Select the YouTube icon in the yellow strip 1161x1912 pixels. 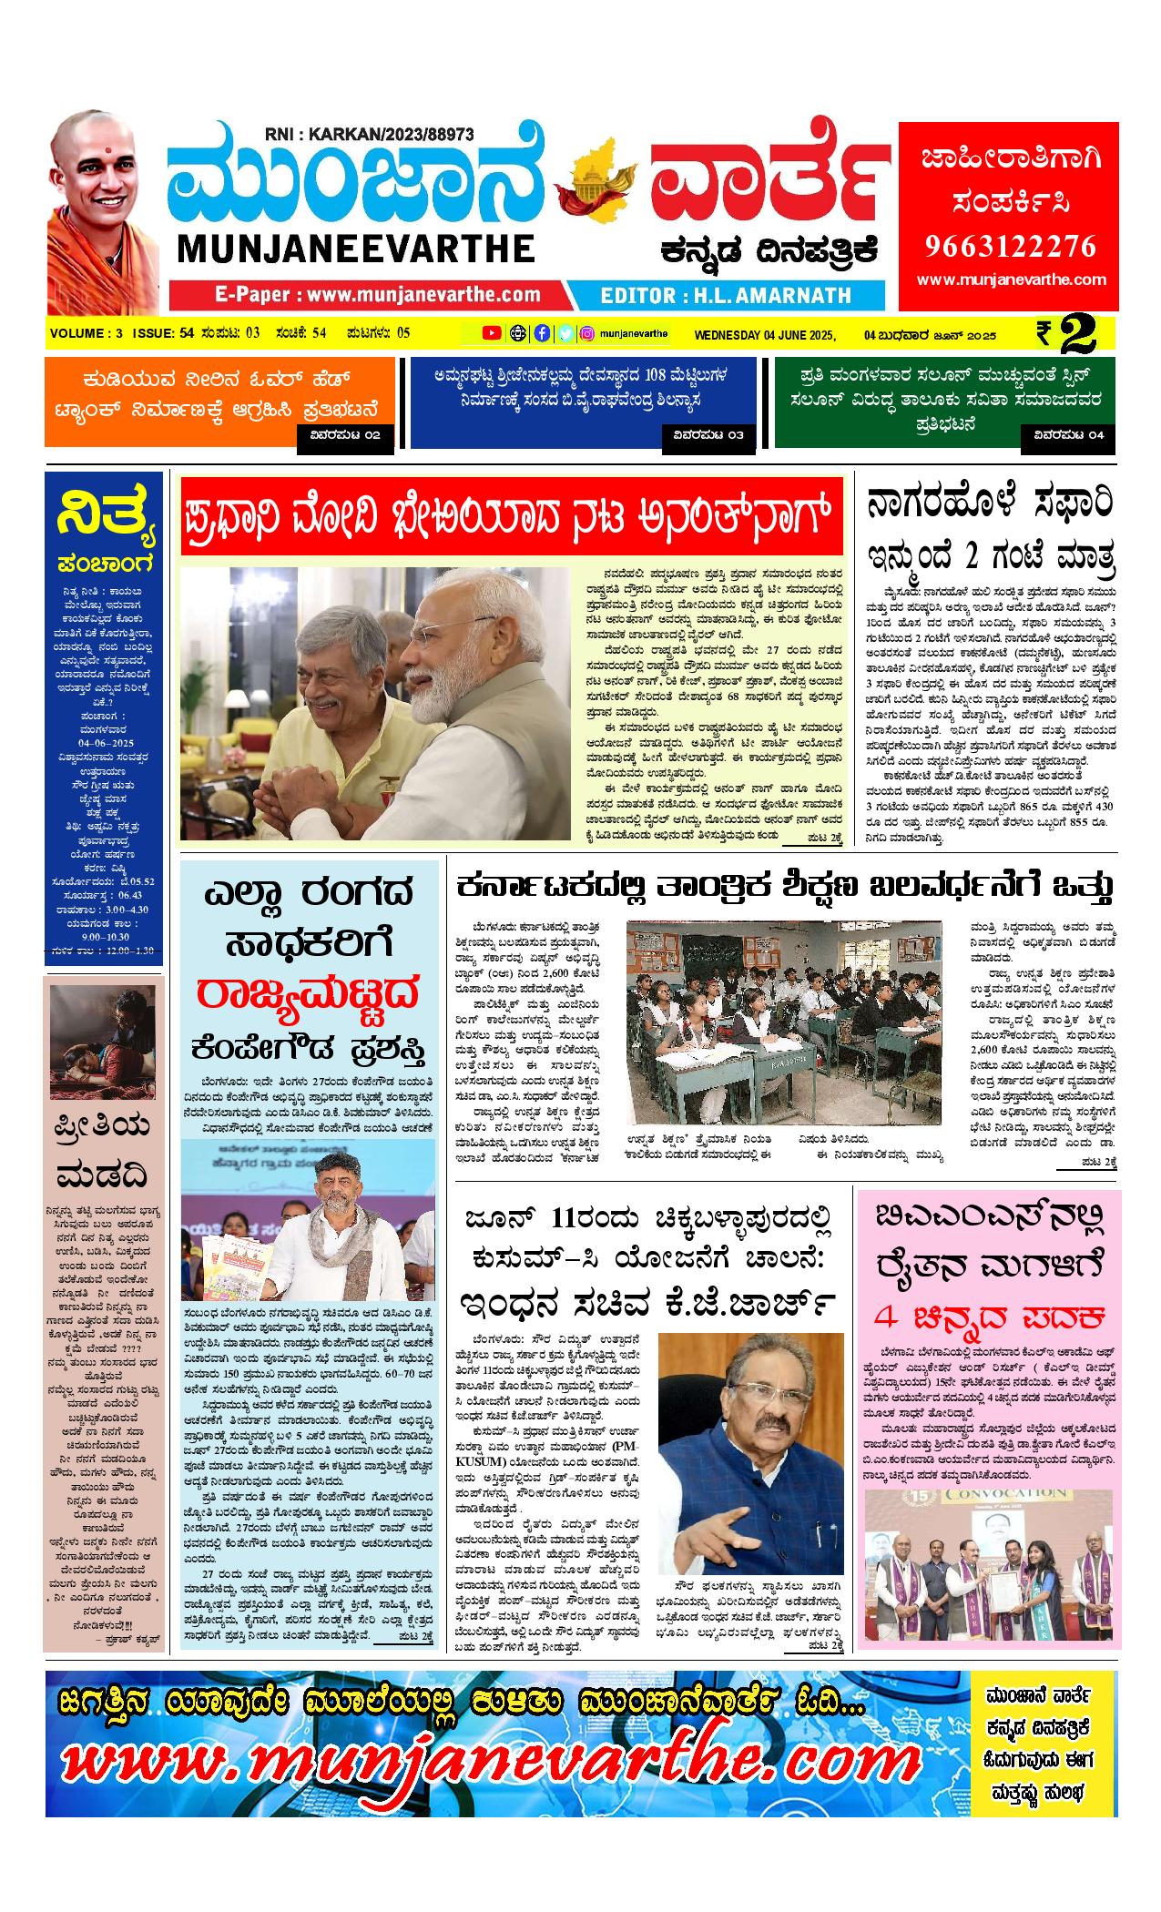492,333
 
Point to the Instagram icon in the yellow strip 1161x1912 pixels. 588,333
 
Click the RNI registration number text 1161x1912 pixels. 369,134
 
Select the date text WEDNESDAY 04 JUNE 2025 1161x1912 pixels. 764,334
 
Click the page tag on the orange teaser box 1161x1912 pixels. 345,435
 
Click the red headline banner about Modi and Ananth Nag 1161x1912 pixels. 511,515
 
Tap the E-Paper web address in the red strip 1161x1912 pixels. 378,295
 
